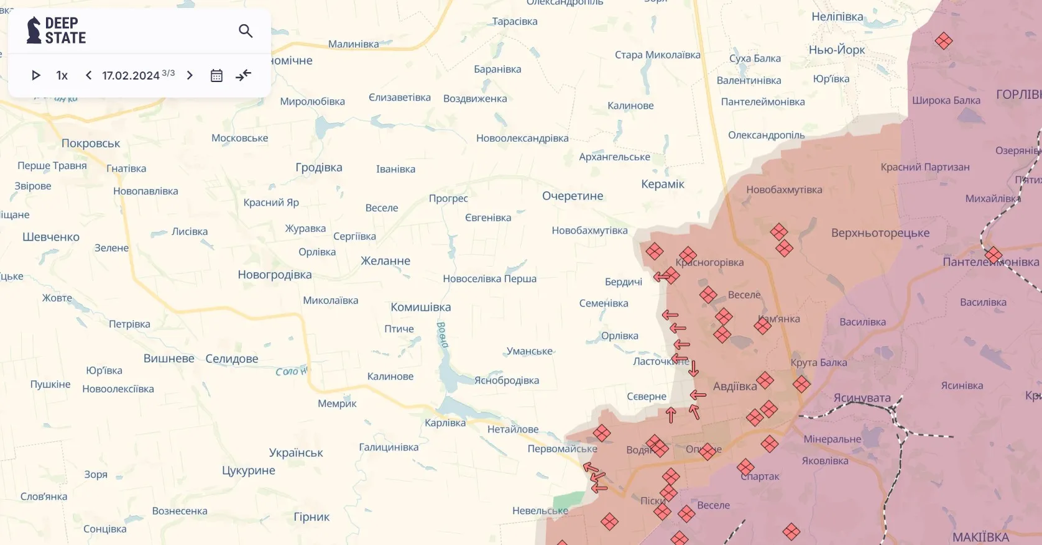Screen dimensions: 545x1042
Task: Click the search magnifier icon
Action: click(x=246, y=30)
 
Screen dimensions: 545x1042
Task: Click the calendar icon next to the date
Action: click(x=216, y=75)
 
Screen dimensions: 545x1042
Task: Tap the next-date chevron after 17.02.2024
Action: click(x=190, y=75)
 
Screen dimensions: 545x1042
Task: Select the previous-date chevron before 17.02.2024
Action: click(x=88, y=75)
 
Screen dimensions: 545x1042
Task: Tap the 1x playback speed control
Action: click(x=62, y=75)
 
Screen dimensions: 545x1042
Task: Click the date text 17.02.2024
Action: click(x=131, y=75)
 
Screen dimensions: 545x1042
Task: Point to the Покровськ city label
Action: click(x=91, y=143)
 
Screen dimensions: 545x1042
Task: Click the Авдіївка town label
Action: click(x=735, y=386)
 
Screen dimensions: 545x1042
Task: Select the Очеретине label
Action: click(x=573, y=196)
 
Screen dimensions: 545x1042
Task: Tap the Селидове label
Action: click(x=232, y=359)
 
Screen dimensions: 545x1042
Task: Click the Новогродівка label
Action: click(x=275, y=274)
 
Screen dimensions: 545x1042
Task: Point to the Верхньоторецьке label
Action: click(x=880, y=232)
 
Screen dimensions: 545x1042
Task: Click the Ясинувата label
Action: click(x=862, y=397)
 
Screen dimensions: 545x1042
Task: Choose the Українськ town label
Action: click(x=296, y=452)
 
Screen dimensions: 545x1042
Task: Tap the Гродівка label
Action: click(x=319, y=167)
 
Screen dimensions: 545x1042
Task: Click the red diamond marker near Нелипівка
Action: click(x=943, y=41)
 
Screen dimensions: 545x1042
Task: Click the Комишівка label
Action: click(x=421, y=307)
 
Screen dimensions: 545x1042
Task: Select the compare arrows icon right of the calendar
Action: click(x=244, y=75)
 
